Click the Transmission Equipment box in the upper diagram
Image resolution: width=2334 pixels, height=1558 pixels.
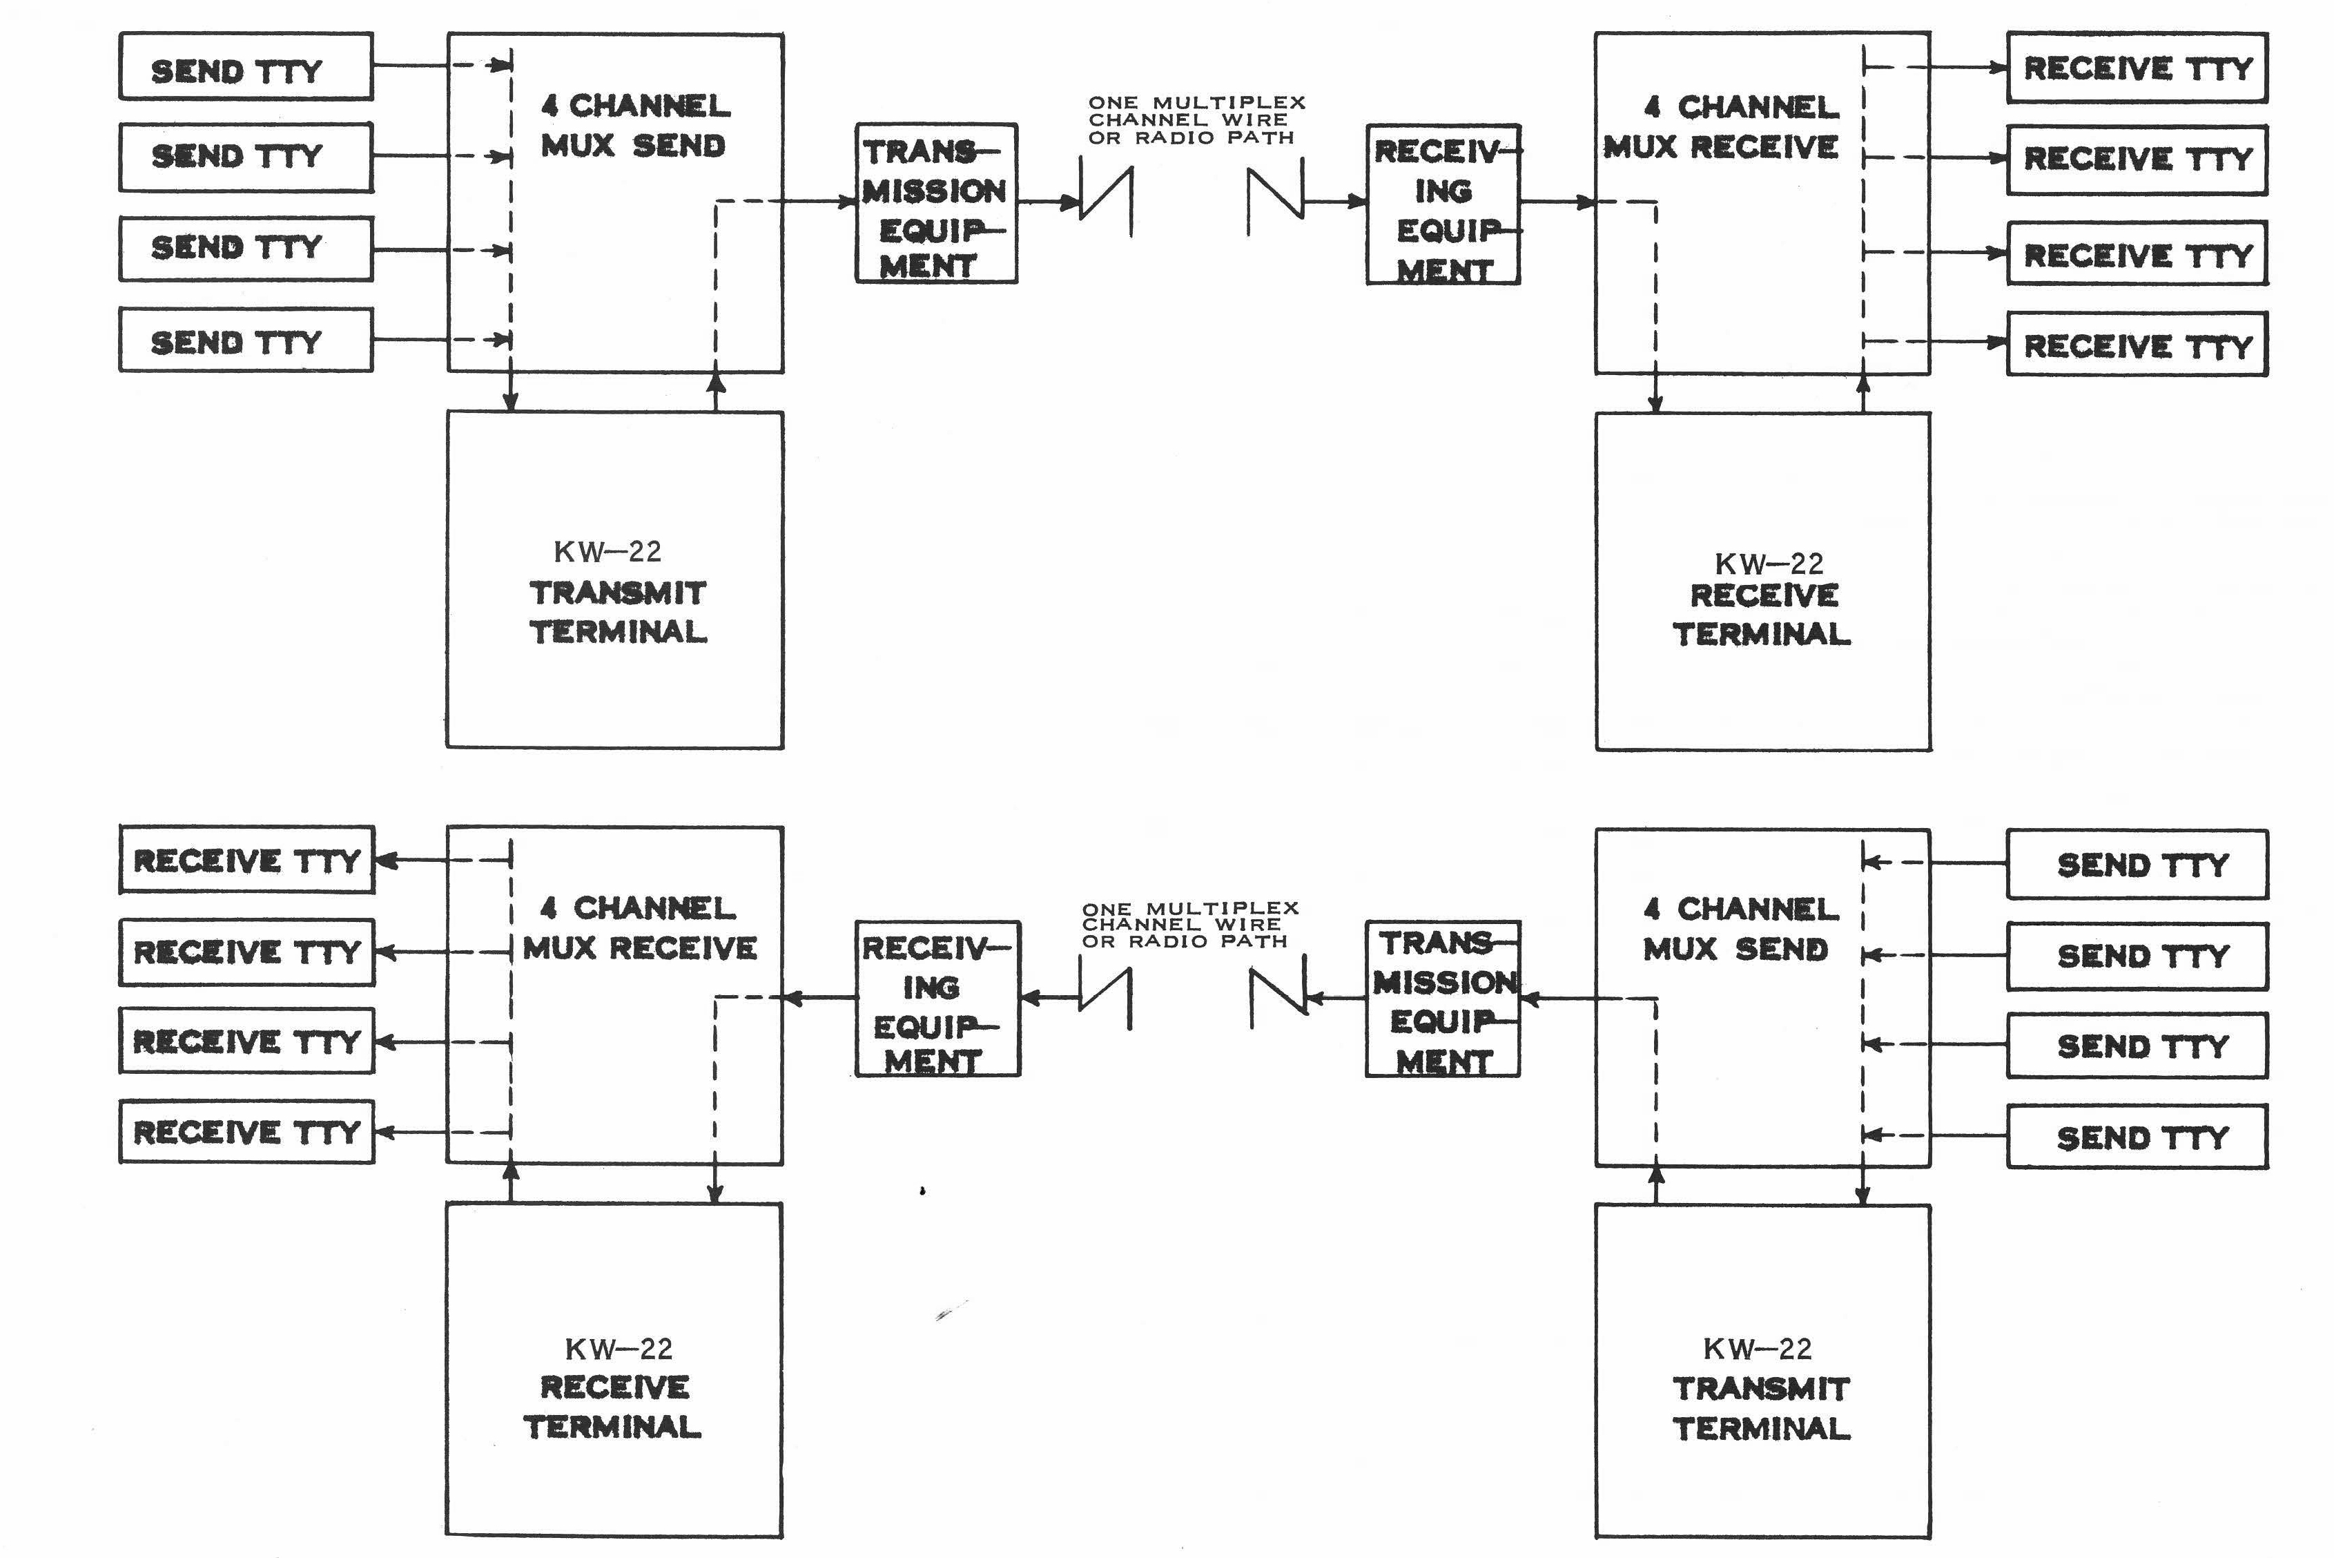[935, 204]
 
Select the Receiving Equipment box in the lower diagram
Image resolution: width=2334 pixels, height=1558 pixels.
[937, 999]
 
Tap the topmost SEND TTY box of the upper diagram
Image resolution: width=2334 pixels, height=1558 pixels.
[245, 66]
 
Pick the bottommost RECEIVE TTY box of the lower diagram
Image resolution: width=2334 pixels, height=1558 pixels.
[246, 1132]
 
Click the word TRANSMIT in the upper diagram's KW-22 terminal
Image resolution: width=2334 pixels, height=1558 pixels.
[618, 593]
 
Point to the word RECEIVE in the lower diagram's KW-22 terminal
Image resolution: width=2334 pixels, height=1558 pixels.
[614, 1387]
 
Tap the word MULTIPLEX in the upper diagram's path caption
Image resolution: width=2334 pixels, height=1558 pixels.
[1229, 102]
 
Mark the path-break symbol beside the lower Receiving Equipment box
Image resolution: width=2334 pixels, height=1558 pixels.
[1105, 998]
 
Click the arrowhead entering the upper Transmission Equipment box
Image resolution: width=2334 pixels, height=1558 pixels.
[847, 202]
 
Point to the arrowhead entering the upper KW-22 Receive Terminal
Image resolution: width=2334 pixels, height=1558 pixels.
[1655, 403]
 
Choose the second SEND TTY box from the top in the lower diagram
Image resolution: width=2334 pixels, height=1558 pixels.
[2137, 956]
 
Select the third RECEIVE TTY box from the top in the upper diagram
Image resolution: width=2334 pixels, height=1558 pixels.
[2137, 254]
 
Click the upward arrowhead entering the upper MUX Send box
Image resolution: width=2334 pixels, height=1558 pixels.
[715, 381]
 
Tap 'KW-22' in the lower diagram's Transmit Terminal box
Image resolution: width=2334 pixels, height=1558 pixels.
[1757, 1348]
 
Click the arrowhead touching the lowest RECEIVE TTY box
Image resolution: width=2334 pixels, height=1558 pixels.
[385, 1132]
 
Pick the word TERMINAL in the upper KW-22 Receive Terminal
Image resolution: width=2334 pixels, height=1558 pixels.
[1761, 634]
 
